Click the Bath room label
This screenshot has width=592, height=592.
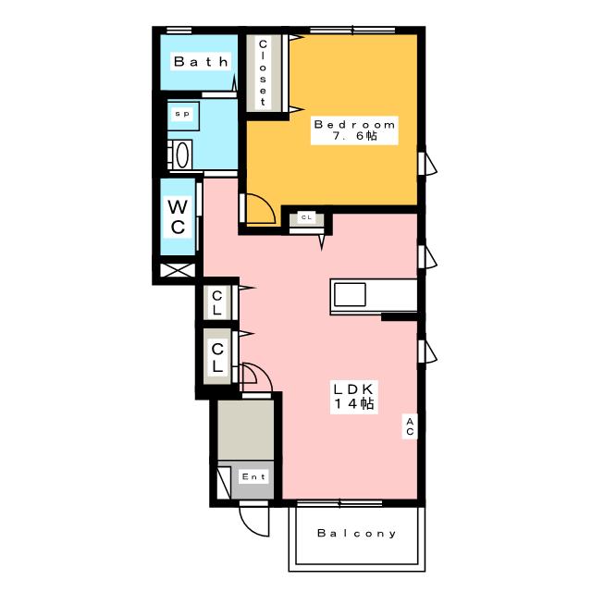click(201, 62)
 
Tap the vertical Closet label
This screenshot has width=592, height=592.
click(263, 72)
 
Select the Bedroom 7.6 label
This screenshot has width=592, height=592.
click(354, 130)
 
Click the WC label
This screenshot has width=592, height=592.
click(178, 216)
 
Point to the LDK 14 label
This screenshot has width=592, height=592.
click(353, 397)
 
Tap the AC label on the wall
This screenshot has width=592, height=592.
click(410, 426)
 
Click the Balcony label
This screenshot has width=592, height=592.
click(356, 533)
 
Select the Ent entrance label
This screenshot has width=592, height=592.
click(253, 477)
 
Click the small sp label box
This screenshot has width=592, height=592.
click(182, 114)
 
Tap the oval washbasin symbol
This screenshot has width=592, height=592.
click(182, 155)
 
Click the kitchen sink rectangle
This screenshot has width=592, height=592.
click(350, 294)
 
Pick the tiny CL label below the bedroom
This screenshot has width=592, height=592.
click(306, 217)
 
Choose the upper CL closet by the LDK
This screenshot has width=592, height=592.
click(216, 302)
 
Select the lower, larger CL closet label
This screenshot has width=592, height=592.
click(217, 357)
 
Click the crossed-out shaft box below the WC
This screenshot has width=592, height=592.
click(178, 270)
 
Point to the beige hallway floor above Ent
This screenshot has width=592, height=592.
click(245, 430)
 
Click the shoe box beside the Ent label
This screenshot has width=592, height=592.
click(224, 483)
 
